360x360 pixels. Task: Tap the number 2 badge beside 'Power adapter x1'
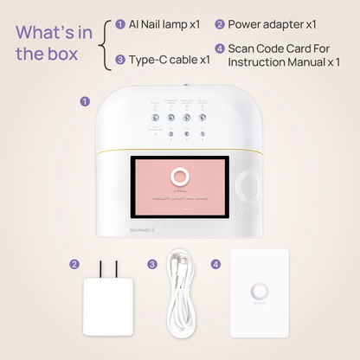tap(220, 24)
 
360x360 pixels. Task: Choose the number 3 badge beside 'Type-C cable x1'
tap(119, 60)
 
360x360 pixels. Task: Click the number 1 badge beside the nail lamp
tap(85, 100)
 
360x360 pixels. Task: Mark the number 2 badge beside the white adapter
tap(75, 264)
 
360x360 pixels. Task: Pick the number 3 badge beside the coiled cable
tap(152, 264)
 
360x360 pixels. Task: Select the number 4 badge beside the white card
tap(215, 264)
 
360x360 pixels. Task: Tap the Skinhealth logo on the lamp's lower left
tap(113, 230)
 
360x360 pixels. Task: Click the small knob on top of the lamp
tap(180, 87)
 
